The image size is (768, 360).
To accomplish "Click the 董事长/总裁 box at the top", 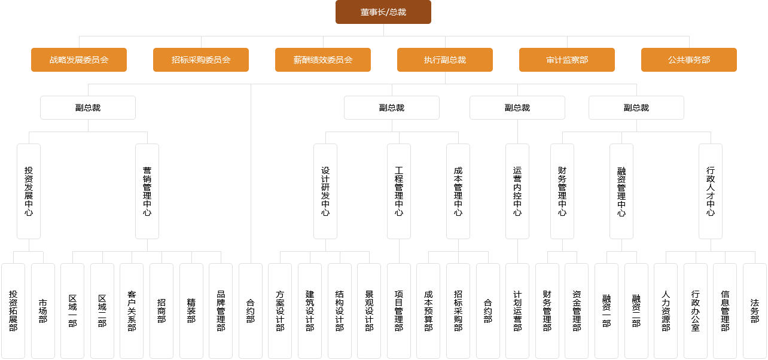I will point(383,12).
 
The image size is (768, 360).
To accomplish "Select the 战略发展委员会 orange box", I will point(79,60).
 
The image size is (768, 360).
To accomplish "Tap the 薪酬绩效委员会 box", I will point(323,60).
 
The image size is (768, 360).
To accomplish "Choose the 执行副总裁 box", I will point(445,60).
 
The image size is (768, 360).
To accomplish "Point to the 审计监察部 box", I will point(567,60).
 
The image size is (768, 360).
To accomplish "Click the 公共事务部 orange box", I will point(689,60).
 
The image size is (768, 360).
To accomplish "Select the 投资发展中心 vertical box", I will point(29,191).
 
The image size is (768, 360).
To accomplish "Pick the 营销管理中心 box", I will point(147,191).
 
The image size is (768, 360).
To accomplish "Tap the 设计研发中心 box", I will point(325,191).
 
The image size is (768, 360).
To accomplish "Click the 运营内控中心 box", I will point(517,191).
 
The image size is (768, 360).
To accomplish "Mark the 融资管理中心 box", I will point(621,191).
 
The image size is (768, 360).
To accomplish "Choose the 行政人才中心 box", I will point(711,191).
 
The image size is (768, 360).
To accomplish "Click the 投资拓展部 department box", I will point(13,311).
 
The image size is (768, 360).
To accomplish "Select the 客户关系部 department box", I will point(132,311).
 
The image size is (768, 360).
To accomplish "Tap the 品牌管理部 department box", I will point(221,311).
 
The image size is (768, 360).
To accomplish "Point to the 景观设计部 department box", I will point(369,311).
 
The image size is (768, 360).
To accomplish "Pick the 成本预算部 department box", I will point(428,311).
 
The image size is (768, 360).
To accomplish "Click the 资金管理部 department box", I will point(577,311).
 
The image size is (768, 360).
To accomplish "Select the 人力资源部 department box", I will point(666,311).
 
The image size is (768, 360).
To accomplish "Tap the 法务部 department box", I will point(755,311).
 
